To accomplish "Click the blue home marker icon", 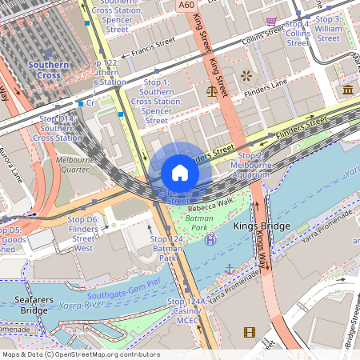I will pos(180,173).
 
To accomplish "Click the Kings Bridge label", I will pos(263,226).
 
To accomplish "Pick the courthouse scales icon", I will pos(213,90).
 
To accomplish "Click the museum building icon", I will pos(349,90).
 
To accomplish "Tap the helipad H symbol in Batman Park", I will pos(210,239).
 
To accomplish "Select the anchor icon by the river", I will pos(229,269).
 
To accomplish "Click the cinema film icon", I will pos(250,332).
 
